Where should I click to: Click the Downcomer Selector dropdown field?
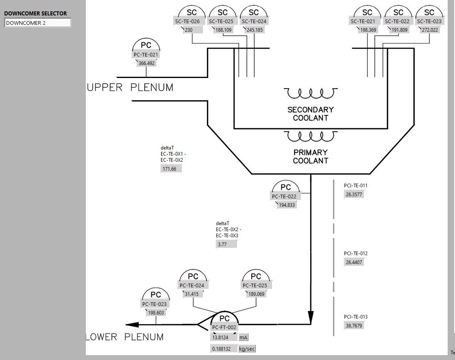click(37, 23)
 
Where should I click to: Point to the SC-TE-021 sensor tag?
click(366, 22)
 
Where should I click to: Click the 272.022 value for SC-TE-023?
click(430, 30)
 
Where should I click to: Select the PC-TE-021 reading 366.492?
click(147, 63)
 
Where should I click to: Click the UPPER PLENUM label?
click(130, 87)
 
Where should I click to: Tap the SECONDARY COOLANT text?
click(311, 114)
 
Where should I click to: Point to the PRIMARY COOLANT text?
click(311, 156)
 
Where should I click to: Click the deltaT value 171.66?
click(171, 169)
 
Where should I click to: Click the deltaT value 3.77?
click(226, 244)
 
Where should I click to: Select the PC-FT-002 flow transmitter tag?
click(224, 327)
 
